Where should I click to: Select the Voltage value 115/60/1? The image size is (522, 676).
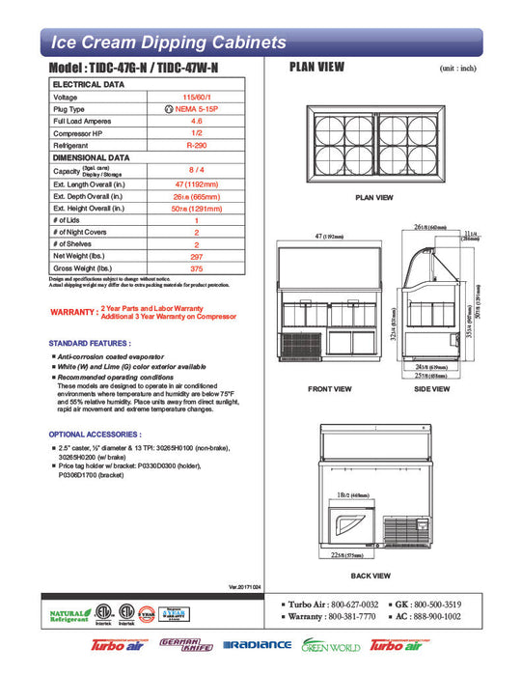(x=195, y=98)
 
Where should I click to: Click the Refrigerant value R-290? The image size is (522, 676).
(x=195, y=144)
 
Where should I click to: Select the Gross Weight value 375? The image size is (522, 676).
(x=195, y=268)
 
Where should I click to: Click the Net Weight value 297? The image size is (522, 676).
(x=195, y=256)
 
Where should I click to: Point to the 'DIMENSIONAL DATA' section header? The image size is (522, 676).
(x=91, y=155)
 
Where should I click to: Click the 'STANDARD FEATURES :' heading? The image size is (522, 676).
(x=89, y=344)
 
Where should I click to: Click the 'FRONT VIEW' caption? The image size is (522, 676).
(x=331, y=389)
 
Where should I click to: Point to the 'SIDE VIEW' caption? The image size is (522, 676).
(x=430, y=389)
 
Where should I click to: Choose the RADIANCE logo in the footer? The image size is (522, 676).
(x=257, y=645)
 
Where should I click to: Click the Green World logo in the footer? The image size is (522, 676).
(x=331, y=645)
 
